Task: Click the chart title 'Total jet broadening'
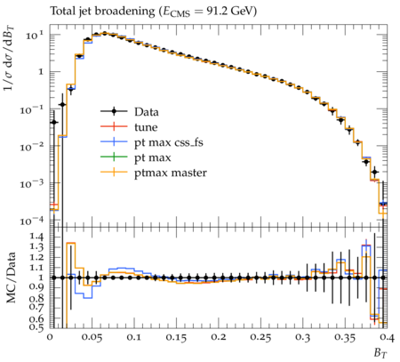[102, 12]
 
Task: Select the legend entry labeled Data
[130, 112]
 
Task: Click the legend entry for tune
[129, 127]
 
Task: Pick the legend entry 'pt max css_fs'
[152, 142]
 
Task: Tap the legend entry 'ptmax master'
[154, 173]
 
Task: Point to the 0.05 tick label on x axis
[92, 337]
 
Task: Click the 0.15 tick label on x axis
[176, 337]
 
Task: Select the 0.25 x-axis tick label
[260, 337]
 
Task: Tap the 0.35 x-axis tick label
[345, 337]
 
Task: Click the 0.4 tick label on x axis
[388, 337]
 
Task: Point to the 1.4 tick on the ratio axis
[37, 237]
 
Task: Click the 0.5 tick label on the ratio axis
[37, 327]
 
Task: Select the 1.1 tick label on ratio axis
[37, 268]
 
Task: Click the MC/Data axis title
[11, 278]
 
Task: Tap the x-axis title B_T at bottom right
[380, 353]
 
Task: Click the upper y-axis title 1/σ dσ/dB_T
[10, 58]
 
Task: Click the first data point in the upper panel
[54, 122]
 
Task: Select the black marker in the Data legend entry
[114, 112]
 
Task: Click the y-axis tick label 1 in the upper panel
[41, 72]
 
